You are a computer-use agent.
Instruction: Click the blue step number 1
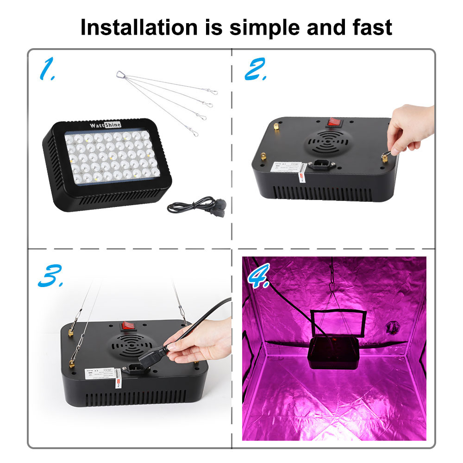pos(47,70)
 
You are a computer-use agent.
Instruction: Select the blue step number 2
pos(255,70)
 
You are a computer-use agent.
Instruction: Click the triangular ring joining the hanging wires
pos(121,75)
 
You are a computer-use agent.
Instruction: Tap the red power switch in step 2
pos(333,122)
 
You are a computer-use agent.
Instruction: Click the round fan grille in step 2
pos(329,141)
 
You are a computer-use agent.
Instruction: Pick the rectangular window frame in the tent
pos(337,323)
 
